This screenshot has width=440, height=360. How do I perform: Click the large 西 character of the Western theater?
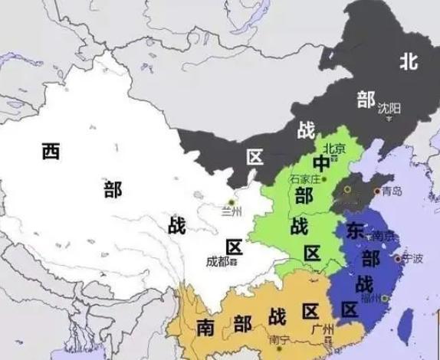coord(51,151)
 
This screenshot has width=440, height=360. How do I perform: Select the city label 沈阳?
coord(389,108)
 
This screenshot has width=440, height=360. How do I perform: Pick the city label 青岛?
coord(391,191)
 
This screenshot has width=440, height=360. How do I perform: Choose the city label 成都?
coord(218,260)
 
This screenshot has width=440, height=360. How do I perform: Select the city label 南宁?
coord(279,339)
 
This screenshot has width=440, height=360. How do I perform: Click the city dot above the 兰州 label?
coord(231,201)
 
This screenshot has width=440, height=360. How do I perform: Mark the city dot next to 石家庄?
coord(325,179)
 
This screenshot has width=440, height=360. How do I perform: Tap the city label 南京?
coord(383,237)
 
